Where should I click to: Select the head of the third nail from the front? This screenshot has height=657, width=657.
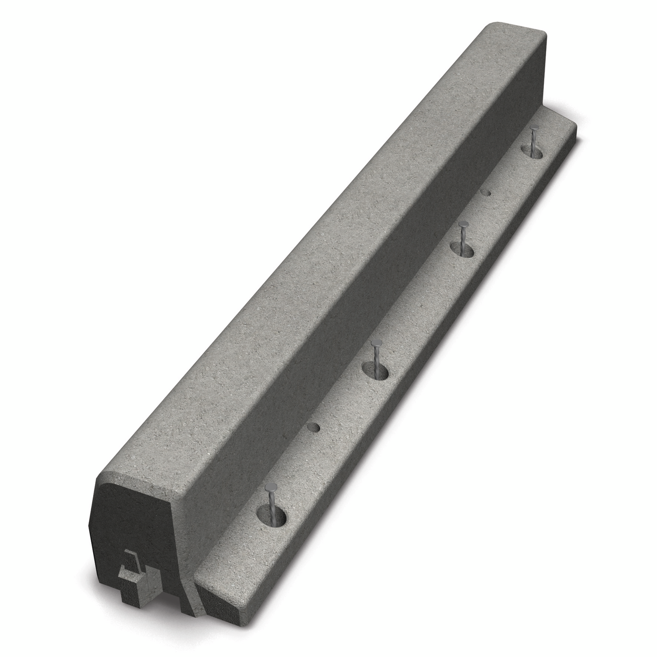[463, 224]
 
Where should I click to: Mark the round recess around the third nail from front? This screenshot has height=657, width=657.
[462, 249]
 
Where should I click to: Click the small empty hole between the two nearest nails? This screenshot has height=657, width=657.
[313, 428]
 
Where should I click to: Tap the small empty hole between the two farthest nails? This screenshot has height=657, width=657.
[487, 193]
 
